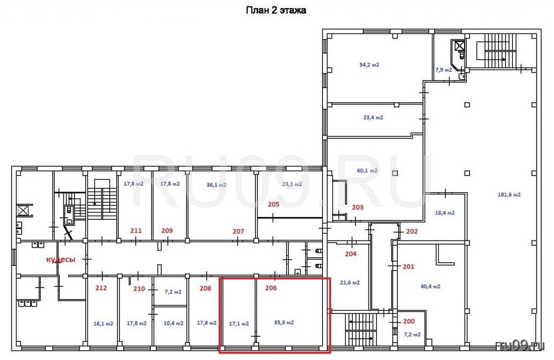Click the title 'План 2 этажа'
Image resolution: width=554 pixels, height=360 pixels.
pos(276,10)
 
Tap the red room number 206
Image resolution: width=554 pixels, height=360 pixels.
pos(271,288)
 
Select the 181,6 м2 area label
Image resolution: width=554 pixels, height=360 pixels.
pos(509,194)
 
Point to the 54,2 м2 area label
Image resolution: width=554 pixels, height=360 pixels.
pos(369,65)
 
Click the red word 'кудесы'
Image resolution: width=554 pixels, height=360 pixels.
pos(61,259)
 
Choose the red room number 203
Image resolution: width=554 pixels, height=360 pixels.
pos(358,207)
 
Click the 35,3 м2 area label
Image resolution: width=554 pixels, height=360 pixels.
pos(284,323)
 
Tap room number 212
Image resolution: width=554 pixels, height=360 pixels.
pos(101,288)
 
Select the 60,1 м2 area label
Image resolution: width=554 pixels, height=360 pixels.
pos(367,171)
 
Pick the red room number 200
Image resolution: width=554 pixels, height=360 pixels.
pos(409,322)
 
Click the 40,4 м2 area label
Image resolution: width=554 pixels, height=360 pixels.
pos(430,286)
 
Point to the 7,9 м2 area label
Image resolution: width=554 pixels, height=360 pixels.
pos(444,70)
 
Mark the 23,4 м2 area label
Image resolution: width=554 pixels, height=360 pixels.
pos(373,117)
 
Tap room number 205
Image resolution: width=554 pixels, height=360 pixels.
pos(273,205)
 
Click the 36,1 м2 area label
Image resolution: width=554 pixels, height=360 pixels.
pos(216,185)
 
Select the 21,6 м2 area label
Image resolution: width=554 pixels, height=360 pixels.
pos(350,283)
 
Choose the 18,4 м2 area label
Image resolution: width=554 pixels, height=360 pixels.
pos(445,213)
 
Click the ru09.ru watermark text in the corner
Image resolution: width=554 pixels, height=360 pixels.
pos(522,345)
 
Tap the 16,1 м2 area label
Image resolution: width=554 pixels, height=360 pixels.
pos(103,324)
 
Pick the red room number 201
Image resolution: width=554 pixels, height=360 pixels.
pos(408,267)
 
